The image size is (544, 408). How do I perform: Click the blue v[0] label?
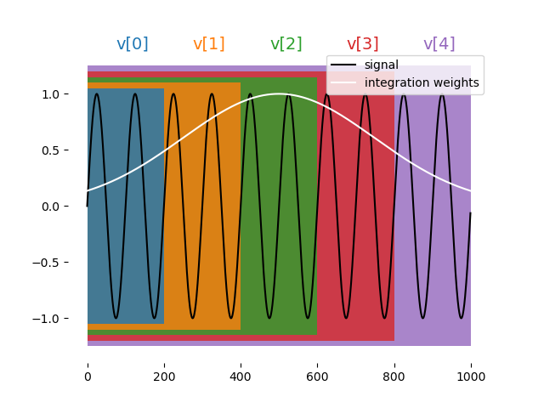point(132,44)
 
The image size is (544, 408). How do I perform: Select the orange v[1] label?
point(209,44)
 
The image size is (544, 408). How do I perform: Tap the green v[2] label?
point(286,44)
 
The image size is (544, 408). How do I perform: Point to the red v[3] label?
point(362,44)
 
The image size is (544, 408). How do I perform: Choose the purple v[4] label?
point(439,44)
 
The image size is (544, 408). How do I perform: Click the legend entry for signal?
point(381,65)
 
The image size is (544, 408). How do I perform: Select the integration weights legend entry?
point(422,82)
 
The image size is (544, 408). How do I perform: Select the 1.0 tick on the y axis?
point(63,94)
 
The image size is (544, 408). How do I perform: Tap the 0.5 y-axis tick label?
point(63,150)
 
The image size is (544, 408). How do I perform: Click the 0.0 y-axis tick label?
point(63,207)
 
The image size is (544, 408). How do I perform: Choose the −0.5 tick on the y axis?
point(59,263)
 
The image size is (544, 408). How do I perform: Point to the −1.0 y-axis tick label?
point(59,319)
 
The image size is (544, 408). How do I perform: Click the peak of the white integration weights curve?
point(279,93)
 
